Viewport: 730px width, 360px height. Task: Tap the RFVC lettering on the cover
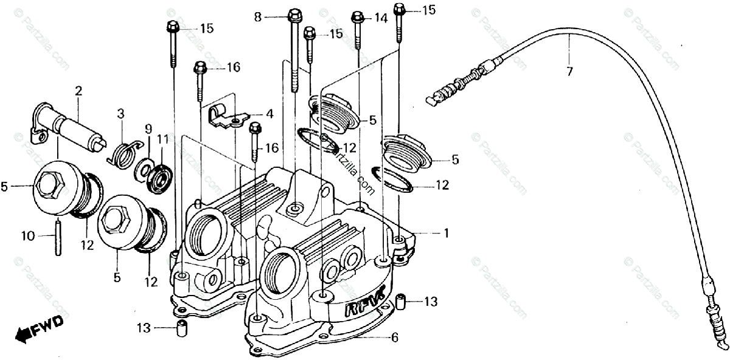pos(364,305)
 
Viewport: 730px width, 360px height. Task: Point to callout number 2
pos(78,91)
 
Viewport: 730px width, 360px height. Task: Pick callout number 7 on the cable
pos(569,71)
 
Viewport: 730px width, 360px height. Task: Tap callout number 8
pos(258,18)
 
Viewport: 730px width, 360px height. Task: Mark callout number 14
pos(381,18)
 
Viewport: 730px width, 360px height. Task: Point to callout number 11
pos(162,139)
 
